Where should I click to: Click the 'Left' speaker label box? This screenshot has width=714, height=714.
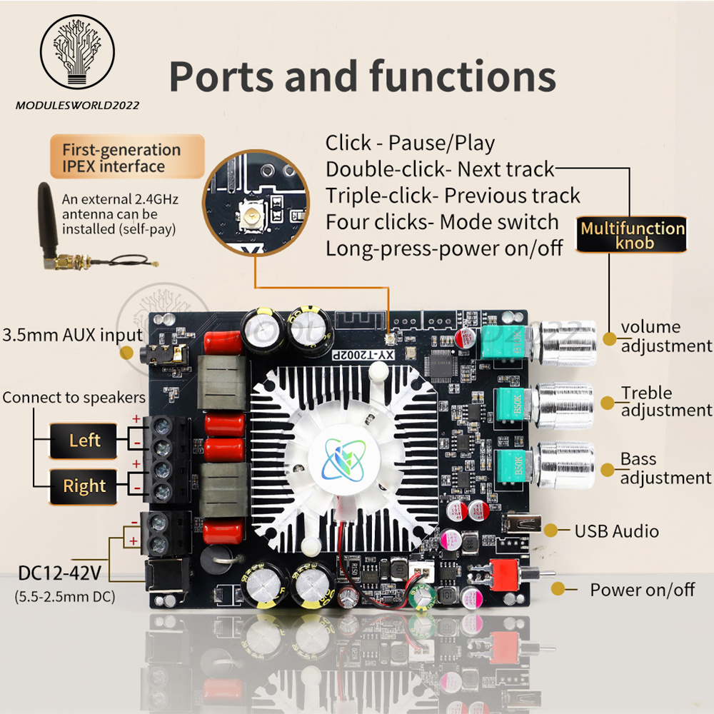coord(84,440)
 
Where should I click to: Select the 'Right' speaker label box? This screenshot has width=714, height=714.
coord(84,486)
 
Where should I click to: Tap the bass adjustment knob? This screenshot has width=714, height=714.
coord(564,466)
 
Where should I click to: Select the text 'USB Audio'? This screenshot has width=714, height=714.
coord(616,531)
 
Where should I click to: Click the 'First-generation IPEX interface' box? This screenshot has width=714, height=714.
coord(121,158)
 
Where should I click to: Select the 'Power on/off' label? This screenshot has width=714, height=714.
coord(642,590)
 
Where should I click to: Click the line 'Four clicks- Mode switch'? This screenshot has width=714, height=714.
coord(442,222)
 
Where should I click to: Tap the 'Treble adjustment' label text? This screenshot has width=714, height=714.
coord(665,401)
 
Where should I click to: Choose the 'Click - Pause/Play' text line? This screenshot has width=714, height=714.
coord(410,143)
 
